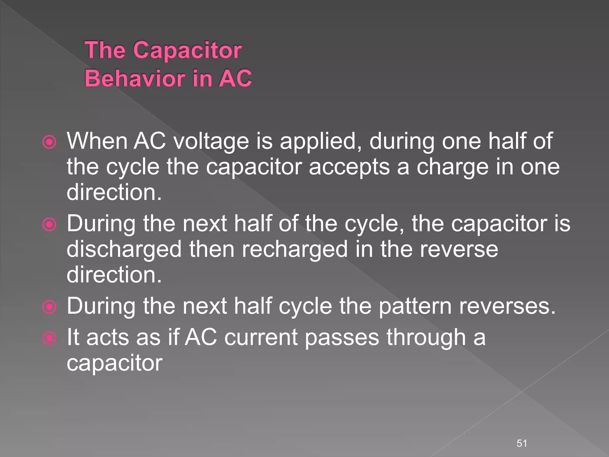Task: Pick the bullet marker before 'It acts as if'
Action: [x=49, y=338]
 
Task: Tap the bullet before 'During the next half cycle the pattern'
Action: [x=49, y=307]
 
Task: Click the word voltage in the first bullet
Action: [x=211, y=141]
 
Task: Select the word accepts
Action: [x=349, y=167]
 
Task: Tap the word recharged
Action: [x=294, y=249]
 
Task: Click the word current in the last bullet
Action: [x=261, y=337]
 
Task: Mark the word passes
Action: [x=342, y=337]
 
